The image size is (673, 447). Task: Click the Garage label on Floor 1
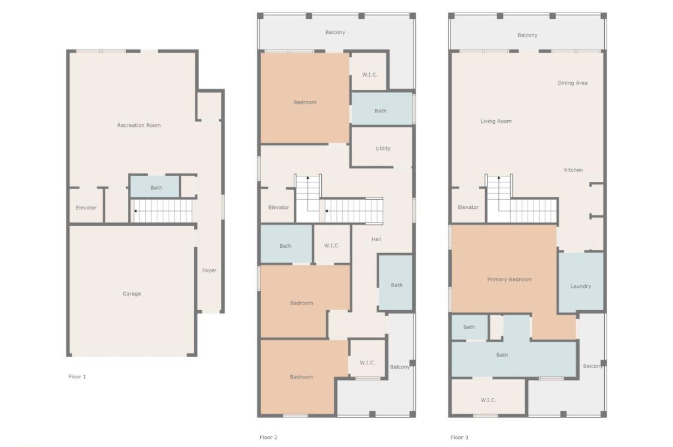[132, 294]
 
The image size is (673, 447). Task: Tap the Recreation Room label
[139, 126]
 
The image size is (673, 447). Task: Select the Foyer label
[209, 270]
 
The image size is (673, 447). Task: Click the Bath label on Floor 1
[156, 188]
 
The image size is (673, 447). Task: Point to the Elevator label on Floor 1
[86, 208]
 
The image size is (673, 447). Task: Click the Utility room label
[383, 148]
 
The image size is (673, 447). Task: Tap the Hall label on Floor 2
[376, 239]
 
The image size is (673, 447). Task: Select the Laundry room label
[581, 287]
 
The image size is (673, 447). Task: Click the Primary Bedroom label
[510, 279]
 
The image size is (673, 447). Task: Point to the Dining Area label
[572, 83]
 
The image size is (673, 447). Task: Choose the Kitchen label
[574, 170]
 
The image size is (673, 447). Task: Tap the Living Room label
[496, 121]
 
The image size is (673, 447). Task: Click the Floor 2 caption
[268, 437]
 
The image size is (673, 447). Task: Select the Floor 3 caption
[459, 437]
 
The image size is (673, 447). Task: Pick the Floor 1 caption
[77, 377]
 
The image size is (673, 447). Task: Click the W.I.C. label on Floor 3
[488, 400]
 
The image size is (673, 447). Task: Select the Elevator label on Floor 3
[468, 208]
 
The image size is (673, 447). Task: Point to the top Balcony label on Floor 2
[335, 33]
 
